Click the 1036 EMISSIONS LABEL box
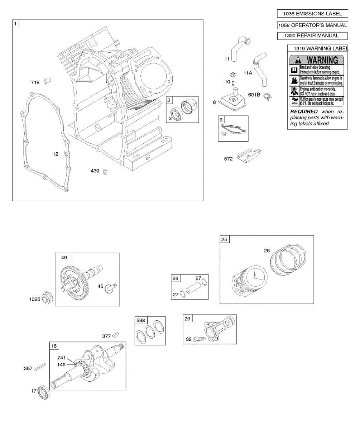(312, 14)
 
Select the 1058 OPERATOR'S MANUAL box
(312, 25)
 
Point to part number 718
(35, 83)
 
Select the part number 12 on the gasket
(55, 154)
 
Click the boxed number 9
(221, 119)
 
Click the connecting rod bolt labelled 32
(199, 339)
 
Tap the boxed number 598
(141, 320)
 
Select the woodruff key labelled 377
(115, 335)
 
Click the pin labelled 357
(39, 368)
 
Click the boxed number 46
(64, 257)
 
